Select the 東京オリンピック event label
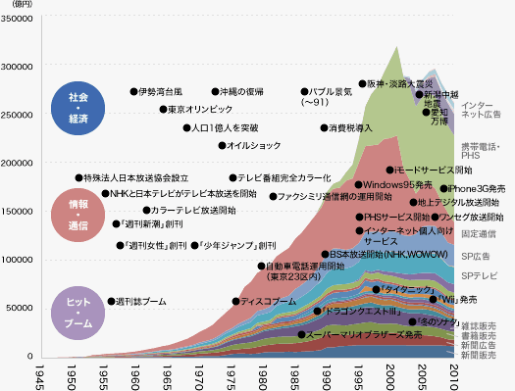(201, 109)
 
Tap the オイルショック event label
(254, 146)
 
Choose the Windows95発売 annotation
(397, 184)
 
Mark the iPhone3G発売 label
(477, 188)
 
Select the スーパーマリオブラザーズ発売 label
(364, 334)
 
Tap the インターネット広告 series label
(481, 110)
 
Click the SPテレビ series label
(480, 276)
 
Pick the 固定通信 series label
(479, 234)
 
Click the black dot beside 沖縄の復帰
(216, 91)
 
